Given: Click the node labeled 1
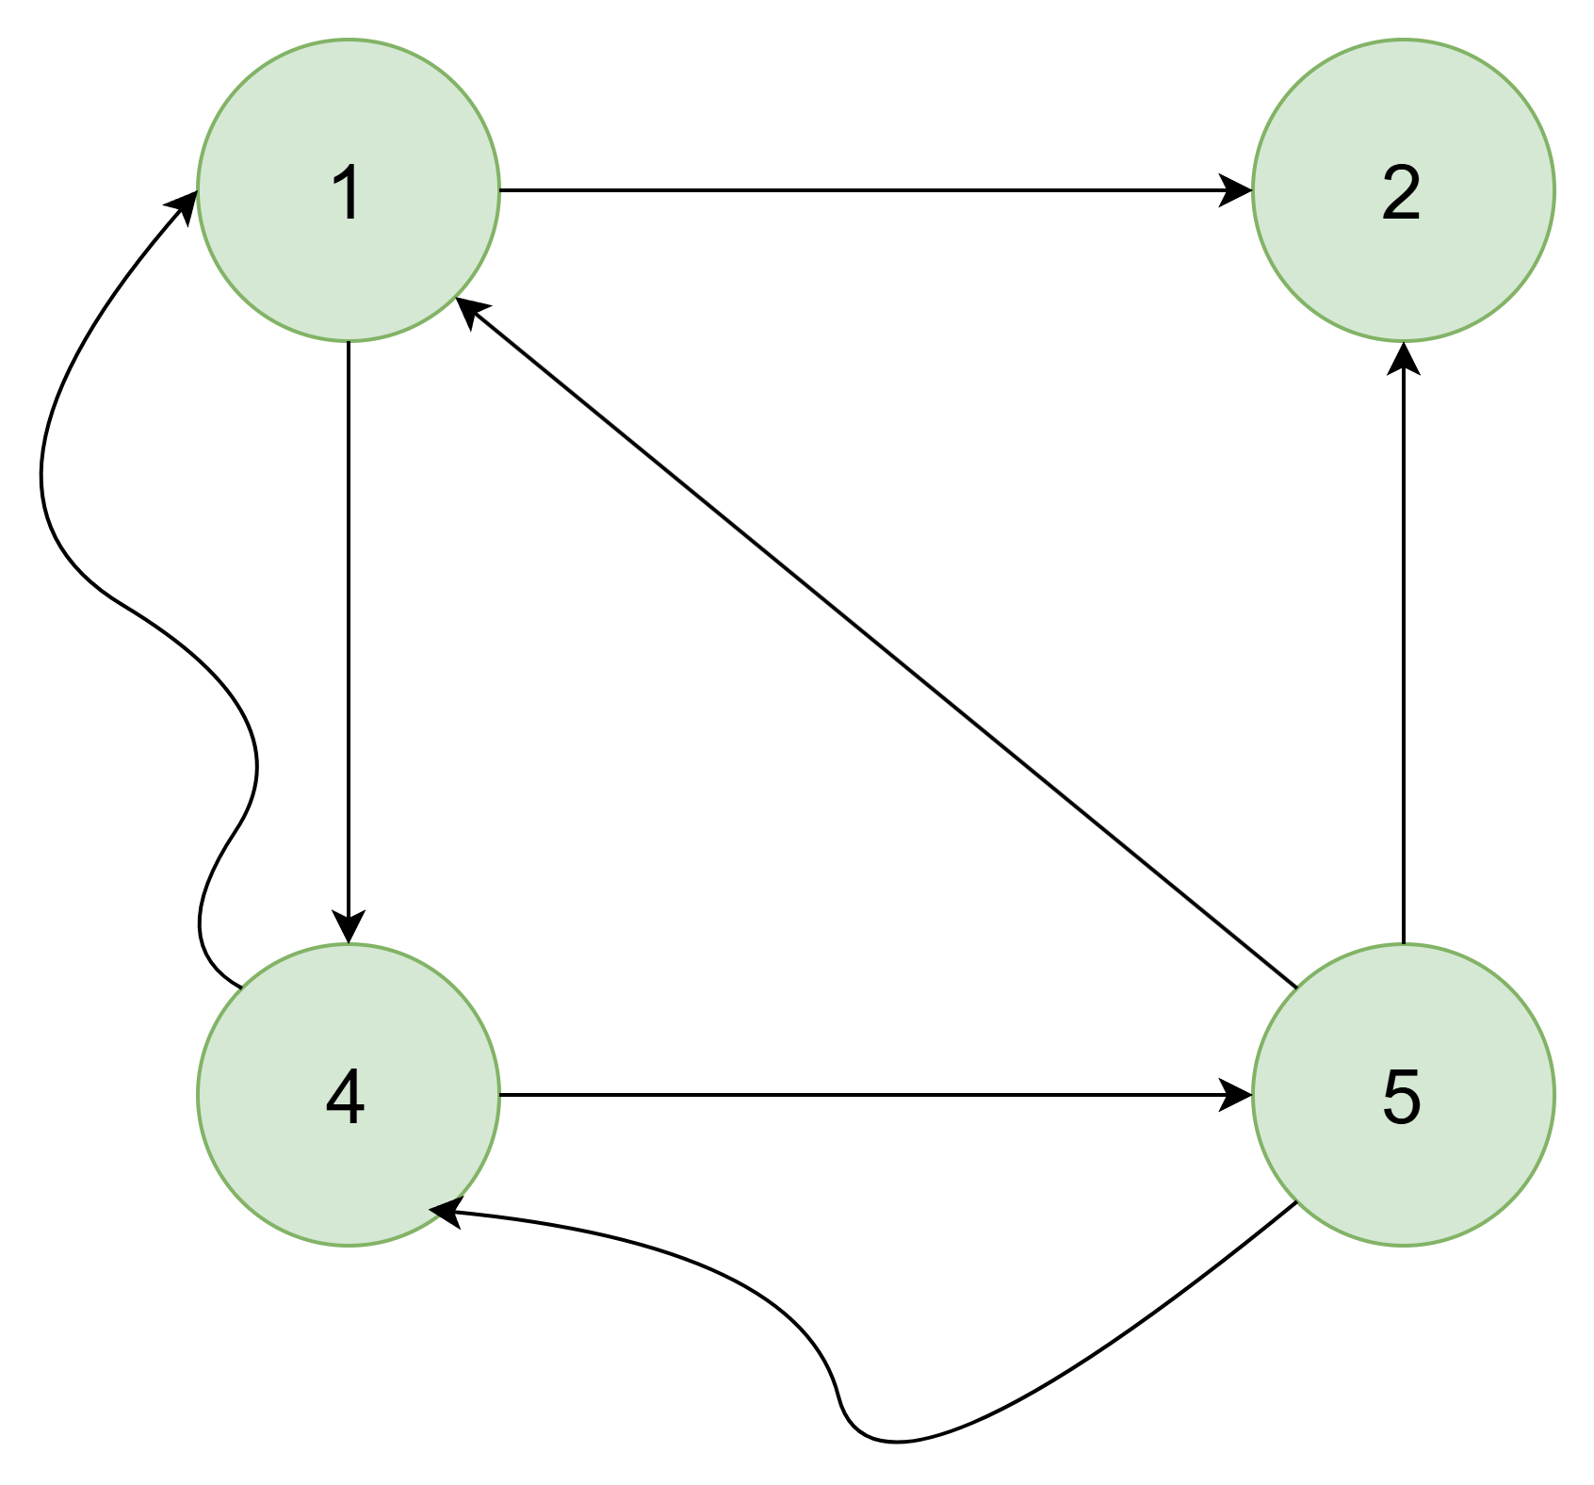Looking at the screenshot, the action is (x=349, y=190).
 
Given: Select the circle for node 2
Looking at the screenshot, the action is (x=1404, y=190).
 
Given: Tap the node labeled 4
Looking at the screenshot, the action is (x=349, y=1095).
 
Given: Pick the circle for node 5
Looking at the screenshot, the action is (x=1404, y=1095).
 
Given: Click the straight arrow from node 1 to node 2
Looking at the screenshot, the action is (x=876, y=190).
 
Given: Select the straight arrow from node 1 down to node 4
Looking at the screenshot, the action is (x=349, y=643).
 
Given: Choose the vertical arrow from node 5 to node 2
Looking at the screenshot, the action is (x=1404, y=643).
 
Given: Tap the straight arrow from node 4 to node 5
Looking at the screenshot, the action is (x=876, y=1095).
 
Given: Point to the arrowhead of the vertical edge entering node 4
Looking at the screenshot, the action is (x=349, y=927).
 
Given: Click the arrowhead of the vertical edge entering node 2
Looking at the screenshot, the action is (x=1404, y=358).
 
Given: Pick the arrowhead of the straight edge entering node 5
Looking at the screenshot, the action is (x=1236, y=1095).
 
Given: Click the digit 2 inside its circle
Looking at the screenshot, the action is (x=1402, y=192).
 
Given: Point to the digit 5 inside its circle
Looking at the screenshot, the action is (x=1402, y=1097).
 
